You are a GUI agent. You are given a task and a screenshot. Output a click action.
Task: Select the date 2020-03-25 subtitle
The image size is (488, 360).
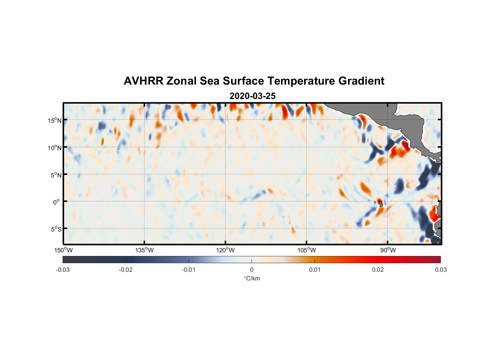tap(252, 96)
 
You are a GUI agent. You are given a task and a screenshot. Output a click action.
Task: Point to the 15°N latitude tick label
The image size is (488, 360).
tap(55, 120)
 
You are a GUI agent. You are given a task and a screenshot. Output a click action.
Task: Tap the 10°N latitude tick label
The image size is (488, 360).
tap(55, 148)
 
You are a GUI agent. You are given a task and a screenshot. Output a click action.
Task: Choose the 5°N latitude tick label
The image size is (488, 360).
tap(56, 175)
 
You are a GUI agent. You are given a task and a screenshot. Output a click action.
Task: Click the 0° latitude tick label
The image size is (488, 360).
tap(57, 202)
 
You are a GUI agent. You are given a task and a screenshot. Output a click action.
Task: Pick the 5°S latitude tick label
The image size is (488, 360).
tap(56, 229)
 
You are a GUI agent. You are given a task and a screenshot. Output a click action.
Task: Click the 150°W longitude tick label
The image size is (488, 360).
tap(63, 250)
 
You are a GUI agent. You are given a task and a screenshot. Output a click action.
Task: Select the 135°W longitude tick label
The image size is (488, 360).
tap(144, 250)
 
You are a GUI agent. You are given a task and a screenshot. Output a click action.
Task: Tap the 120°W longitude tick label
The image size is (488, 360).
tap(225, 250)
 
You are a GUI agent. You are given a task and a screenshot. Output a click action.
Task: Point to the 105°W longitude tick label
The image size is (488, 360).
tap(307, 250)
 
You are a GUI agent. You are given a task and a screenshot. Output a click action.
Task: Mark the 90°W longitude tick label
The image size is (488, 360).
tap(388, 250)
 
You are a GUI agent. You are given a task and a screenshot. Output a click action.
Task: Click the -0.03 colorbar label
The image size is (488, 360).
tap(63, 270)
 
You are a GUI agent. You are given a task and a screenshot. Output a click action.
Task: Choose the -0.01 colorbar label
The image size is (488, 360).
tap(189, 270)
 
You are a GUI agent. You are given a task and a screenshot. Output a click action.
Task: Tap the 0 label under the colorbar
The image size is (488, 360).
tap(252, 270)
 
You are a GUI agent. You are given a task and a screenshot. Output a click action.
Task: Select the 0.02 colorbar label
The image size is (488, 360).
tap(378, 270)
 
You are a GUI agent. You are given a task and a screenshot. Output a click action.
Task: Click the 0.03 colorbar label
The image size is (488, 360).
tap(440, 270)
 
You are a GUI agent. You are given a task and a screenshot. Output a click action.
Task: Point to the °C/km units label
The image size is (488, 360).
tap(252, 278)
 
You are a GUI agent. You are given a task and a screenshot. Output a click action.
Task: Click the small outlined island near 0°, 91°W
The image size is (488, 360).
tap(381, 204)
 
